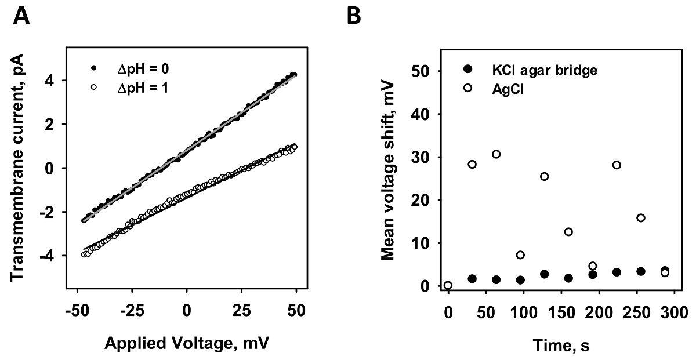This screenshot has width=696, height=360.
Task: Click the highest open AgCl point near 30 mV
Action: coord(496,154)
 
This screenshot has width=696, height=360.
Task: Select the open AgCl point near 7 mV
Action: coord(520,255)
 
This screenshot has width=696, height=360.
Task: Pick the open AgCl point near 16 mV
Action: coord(641,218)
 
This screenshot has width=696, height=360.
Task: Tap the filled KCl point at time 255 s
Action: coord(641,271)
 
